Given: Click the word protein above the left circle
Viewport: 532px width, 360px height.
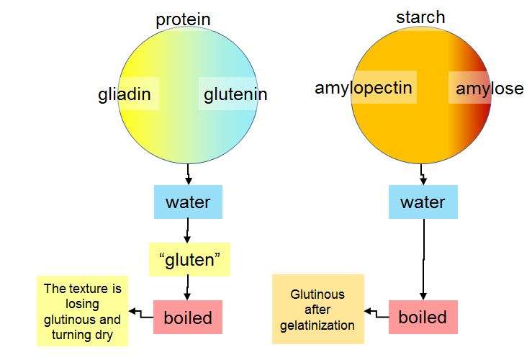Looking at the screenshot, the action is point(183,19).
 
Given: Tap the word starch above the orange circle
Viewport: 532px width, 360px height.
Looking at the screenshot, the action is point(420,17).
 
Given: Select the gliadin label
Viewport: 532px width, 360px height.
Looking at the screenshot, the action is point(125,94).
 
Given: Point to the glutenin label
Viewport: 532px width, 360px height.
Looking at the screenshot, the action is point(235,94).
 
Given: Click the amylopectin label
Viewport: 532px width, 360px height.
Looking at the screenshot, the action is point(364,89).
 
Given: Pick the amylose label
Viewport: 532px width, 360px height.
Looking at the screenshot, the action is point(490,89).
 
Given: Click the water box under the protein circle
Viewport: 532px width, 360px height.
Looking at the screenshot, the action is point(188,202).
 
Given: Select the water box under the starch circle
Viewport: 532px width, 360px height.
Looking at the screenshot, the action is point(423,202).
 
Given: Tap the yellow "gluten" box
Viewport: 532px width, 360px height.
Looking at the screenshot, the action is point(189,260).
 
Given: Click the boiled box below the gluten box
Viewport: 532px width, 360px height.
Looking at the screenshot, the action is point(188,318).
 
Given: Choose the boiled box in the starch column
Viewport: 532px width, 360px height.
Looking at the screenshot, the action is point(423,318).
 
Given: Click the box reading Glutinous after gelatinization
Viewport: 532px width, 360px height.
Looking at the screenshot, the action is point(318,309).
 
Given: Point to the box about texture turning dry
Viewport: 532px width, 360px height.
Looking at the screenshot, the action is point(83,311).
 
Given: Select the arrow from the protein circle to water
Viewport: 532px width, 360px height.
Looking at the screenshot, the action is point(189,174).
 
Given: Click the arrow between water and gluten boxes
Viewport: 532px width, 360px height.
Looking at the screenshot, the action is point(187,230).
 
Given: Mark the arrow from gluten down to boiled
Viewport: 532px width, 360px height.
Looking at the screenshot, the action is point(187,288).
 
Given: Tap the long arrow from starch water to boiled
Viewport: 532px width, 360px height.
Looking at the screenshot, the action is point(423,260).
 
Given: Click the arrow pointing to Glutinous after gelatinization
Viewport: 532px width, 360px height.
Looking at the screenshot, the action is point(377,314).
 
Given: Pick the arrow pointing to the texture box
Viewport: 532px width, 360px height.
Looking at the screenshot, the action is point(141,314).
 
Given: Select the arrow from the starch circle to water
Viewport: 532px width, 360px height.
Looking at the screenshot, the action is point(423,174).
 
